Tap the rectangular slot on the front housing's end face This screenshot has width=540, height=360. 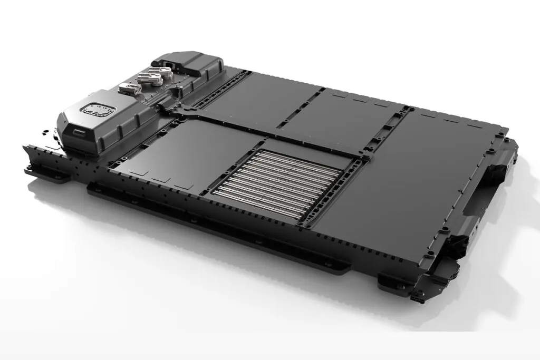click(x=78, y=131)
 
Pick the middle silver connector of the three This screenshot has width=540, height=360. click(x=146, y=80)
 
